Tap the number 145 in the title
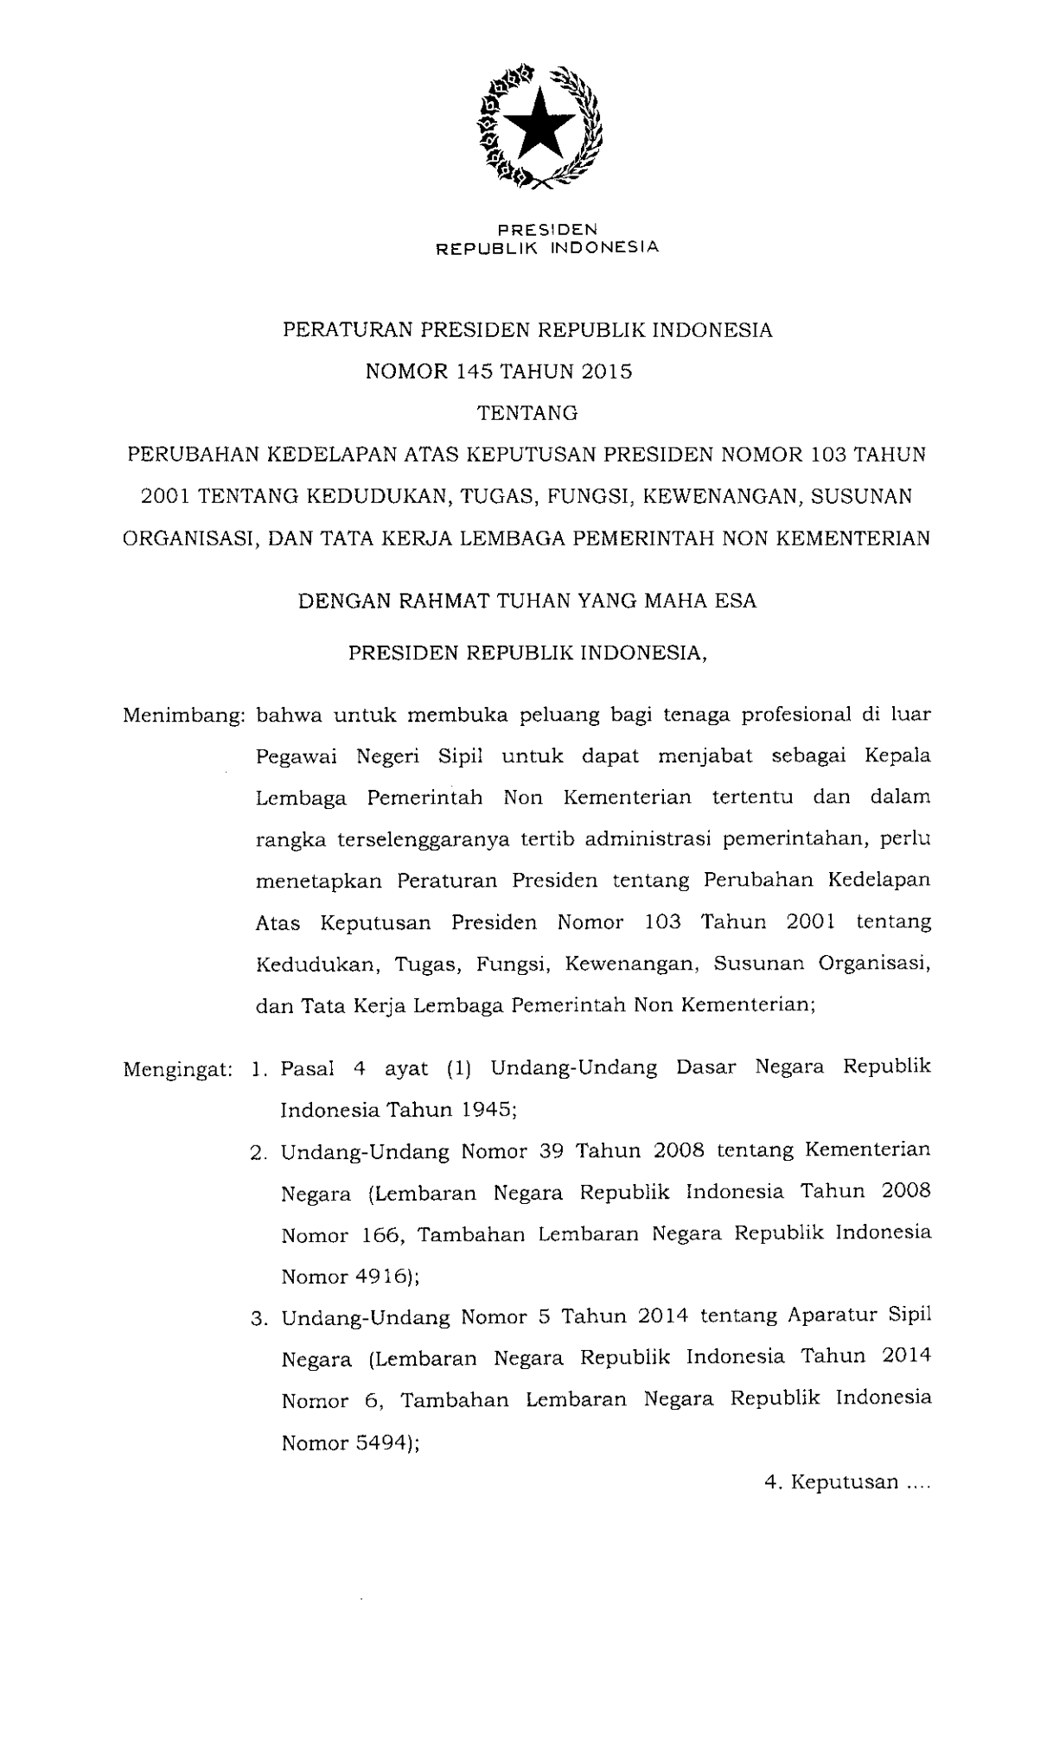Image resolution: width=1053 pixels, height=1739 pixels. [x=470, y=372]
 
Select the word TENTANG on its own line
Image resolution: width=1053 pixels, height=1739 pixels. [x=527, y=413]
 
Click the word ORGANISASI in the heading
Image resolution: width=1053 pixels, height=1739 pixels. [x=186, y=538]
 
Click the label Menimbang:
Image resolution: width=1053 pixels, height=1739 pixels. [x=184, y=716]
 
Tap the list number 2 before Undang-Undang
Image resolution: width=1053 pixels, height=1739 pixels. [x=257, y=1153]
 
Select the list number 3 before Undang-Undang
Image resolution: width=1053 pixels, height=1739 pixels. [x=257, y=1319]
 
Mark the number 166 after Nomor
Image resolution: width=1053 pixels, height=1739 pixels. [x=380, y=1235]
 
